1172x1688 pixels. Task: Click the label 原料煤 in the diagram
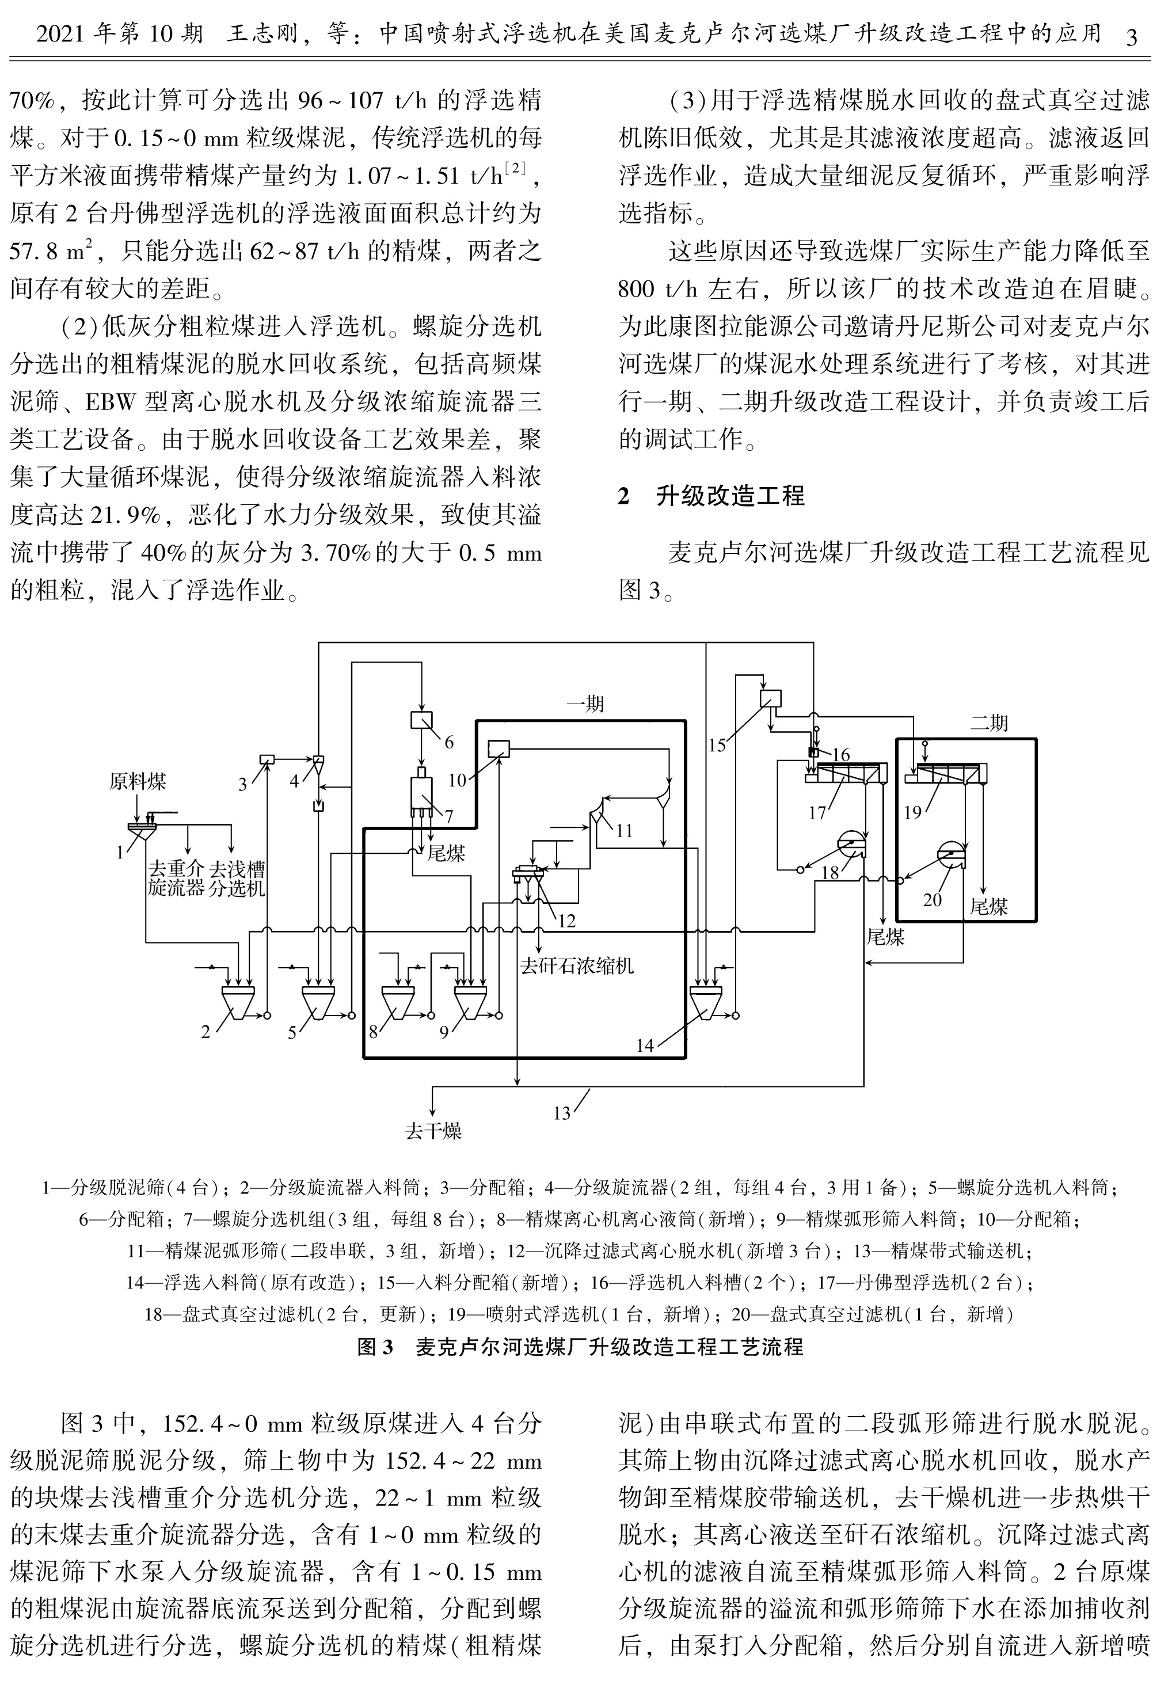138,781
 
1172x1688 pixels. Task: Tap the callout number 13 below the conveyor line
562,1114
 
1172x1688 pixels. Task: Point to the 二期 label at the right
988,723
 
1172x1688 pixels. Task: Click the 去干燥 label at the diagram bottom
433,1131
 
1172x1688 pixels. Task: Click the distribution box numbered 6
421,720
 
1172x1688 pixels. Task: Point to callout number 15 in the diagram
717,746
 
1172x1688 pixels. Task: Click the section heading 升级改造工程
730,496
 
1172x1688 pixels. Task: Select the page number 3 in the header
1132,36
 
